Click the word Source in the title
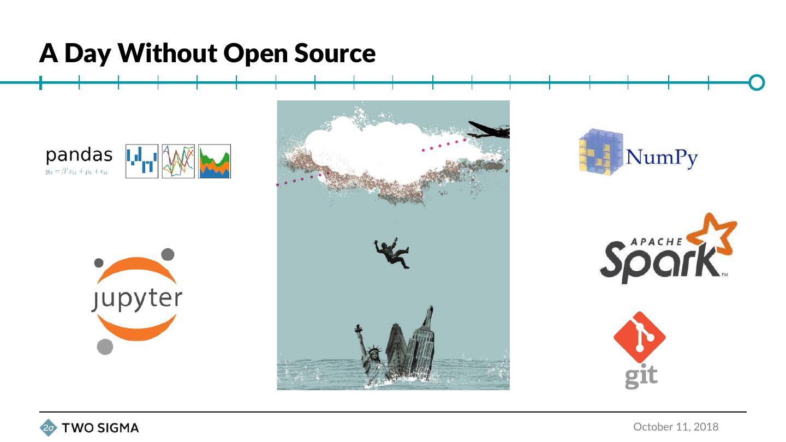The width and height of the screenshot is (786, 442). tap(335, 53)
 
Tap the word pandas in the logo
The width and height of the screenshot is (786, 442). tap(79, 155)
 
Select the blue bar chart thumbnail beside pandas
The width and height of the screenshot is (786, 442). tap(142, 161)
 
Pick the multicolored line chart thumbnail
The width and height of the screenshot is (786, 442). tap(178, 161)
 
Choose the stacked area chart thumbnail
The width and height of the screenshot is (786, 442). tap(215, 161)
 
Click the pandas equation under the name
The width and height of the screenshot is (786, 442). tap(76, 171)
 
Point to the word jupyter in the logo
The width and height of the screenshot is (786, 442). tap(137, 299)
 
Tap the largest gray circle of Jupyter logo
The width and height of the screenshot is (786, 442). tap(105, 347)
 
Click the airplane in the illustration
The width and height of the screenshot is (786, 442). tap(488, 130)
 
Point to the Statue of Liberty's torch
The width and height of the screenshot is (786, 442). tap(358, 328)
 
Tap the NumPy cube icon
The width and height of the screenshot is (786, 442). tap(601, 152)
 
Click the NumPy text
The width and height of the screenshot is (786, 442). tap(662, 158)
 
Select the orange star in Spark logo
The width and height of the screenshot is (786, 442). tap(713, 234)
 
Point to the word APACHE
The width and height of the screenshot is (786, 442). tap(657, 241)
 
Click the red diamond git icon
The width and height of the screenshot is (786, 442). tap(639, 337)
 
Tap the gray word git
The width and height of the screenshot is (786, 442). tap(641, 377)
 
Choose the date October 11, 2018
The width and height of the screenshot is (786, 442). tap(676, 427)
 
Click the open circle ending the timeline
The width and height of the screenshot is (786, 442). tap(757, 82)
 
